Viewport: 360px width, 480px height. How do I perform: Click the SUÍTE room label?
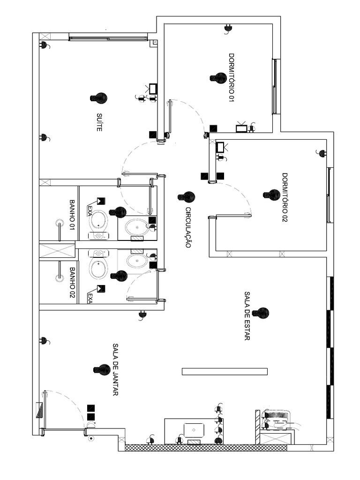(x=99, y=122)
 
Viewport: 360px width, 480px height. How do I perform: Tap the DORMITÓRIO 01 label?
(x=231, y=77)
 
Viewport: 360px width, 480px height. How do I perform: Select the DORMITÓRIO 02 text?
(x=284, y=197)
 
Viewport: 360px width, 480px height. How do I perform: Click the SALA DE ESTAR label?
(x=247, y=315)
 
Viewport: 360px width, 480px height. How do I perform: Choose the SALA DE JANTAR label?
(x=115, y=369)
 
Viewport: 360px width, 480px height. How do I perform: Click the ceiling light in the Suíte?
(x=99, y=98)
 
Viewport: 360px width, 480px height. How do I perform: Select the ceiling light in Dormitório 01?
(x=219, y=78)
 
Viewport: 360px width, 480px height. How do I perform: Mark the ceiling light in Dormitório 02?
(x=272, y=195)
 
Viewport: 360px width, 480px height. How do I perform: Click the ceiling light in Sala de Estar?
(x=262, y=313)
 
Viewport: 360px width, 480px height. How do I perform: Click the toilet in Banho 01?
(x=99, y=223)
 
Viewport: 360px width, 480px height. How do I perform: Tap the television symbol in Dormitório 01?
(x=241, y=127)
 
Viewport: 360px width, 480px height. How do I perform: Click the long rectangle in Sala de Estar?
(x=225, y=372)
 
